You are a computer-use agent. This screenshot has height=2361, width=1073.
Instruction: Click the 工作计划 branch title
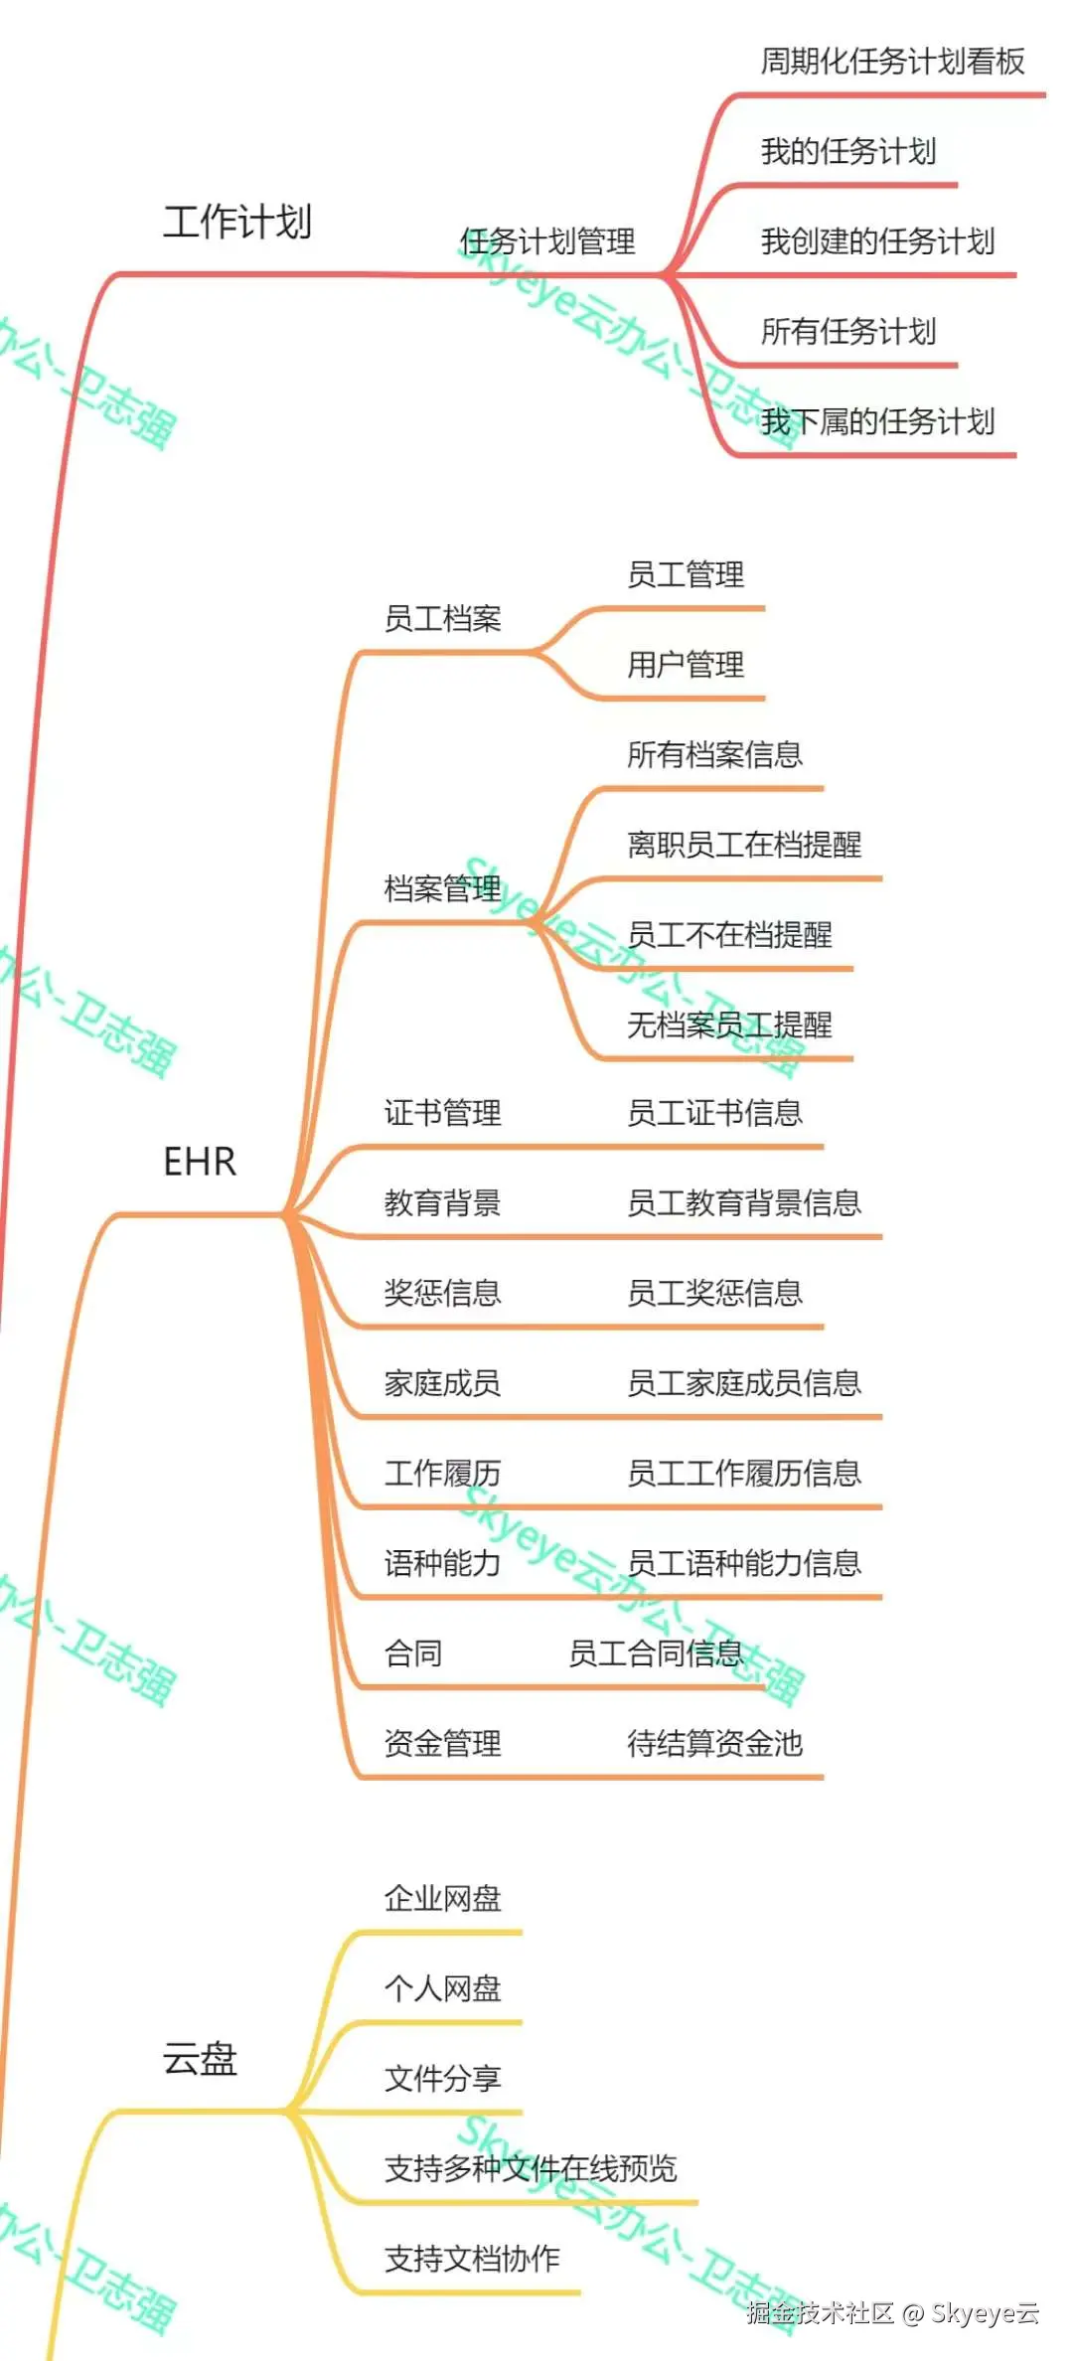coord(237,222)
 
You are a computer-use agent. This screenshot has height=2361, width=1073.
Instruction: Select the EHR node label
coord(200,1161)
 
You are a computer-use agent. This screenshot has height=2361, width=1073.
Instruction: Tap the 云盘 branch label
coord(200,2058)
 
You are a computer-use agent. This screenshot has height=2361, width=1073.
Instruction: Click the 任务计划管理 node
coord(547,241)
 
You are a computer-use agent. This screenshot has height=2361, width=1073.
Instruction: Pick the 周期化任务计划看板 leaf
coord(892,62)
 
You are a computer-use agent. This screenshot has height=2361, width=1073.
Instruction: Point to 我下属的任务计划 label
coord(877,421)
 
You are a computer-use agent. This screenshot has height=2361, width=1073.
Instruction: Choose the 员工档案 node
coord(442,619)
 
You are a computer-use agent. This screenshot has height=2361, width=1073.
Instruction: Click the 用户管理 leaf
coord(685,664)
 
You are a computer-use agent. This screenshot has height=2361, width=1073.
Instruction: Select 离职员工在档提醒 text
coord(744,845)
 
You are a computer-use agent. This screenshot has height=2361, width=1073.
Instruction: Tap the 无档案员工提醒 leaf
coord(729,1024)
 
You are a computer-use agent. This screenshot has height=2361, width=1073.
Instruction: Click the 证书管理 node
coord(442,1113)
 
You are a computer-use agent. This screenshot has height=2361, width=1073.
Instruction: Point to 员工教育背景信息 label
coord(744,1203)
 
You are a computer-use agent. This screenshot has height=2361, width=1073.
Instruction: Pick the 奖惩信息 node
coord(442,1293)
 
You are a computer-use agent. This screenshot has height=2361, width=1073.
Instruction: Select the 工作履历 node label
coord(442,1473)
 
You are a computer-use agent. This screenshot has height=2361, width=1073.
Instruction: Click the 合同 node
coord(413,1653)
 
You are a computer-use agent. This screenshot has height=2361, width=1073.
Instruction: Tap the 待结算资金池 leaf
coord(714,1743)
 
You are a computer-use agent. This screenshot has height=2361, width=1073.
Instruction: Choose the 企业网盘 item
coord(442,1899)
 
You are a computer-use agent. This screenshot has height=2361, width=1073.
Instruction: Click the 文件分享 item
coord(442,2078)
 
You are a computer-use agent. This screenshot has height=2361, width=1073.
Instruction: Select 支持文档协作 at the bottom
coord(472,2259)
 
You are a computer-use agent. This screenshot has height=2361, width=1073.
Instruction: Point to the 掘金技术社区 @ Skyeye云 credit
coord(892,2313)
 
